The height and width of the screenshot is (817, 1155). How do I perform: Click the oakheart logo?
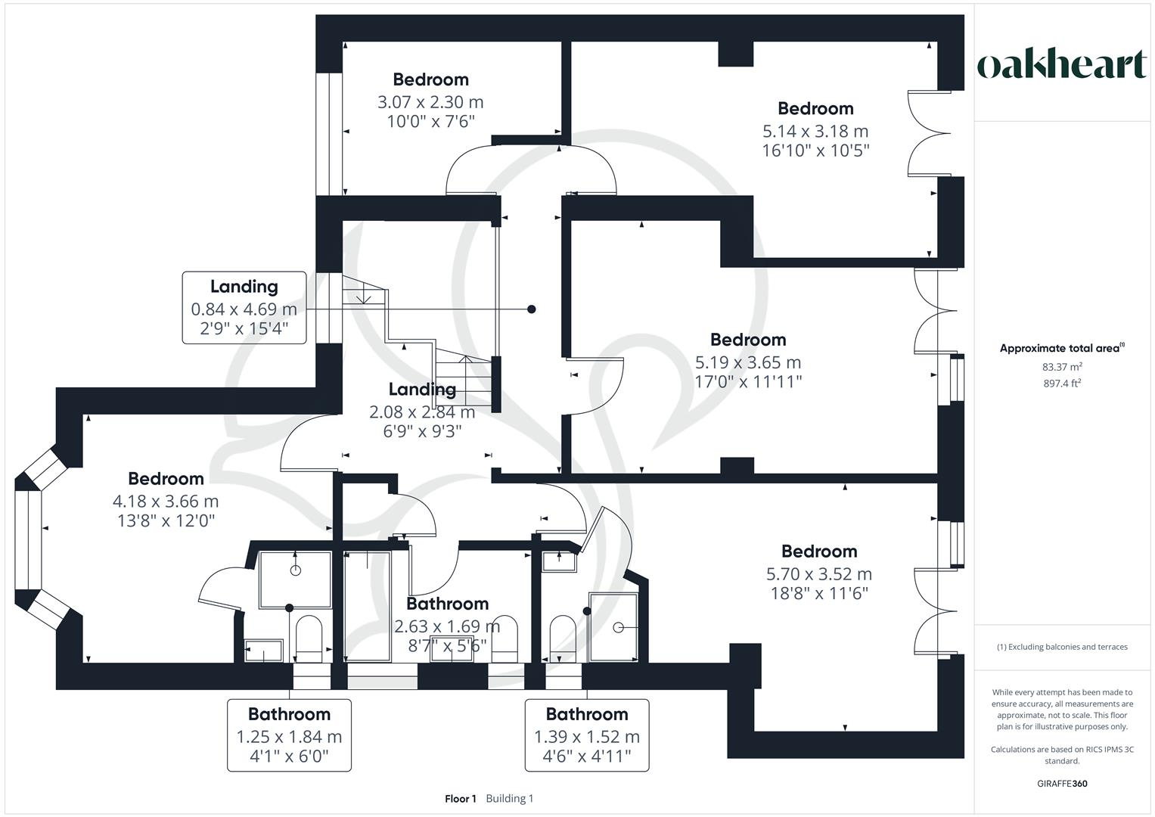[x=1062, y=65]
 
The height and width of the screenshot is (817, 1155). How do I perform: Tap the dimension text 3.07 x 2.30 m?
[x=430, y=102]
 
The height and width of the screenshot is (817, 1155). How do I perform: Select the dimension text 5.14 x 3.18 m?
[x=815, y=131]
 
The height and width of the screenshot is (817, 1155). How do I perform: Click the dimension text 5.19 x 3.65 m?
[x=748, y=362]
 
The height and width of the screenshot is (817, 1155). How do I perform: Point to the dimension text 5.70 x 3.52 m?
[x=819, y=574]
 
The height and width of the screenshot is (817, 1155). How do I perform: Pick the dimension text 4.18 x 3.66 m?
[x=166, y=502]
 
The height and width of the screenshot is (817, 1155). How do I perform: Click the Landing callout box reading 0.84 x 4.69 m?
[x=244, y=308]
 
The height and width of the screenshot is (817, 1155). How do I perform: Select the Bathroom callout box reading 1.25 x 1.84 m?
[x=289, y=735]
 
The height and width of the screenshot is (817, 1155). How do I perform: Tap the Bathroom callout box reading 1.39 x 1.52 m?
[x=587, y=735]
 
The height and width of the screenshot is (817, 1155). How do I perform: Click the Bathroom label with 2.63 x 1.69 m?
[x=447, y=604]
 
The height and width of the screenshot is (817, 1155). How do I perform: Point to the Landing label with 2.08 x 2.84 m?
[x=422, y=390]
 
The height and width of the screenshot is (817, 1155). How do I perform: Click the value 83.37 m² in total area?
[x=1062, y=367]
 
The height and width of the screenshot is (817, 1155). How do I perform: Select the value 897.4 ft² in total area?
[x=1062, y=384]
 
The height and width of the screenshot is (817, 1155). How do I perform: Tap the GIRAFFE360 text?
[x=1062, y=784]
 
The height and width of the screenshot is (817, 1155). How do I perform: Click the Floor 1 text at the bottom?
[x=460, y=799]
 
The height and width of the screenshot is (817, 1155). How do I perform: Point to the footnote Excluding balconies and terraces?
[x=1062, y=647]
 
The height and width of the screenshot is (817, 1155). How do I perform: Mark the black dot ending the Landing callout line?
[x=532, y=309]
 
